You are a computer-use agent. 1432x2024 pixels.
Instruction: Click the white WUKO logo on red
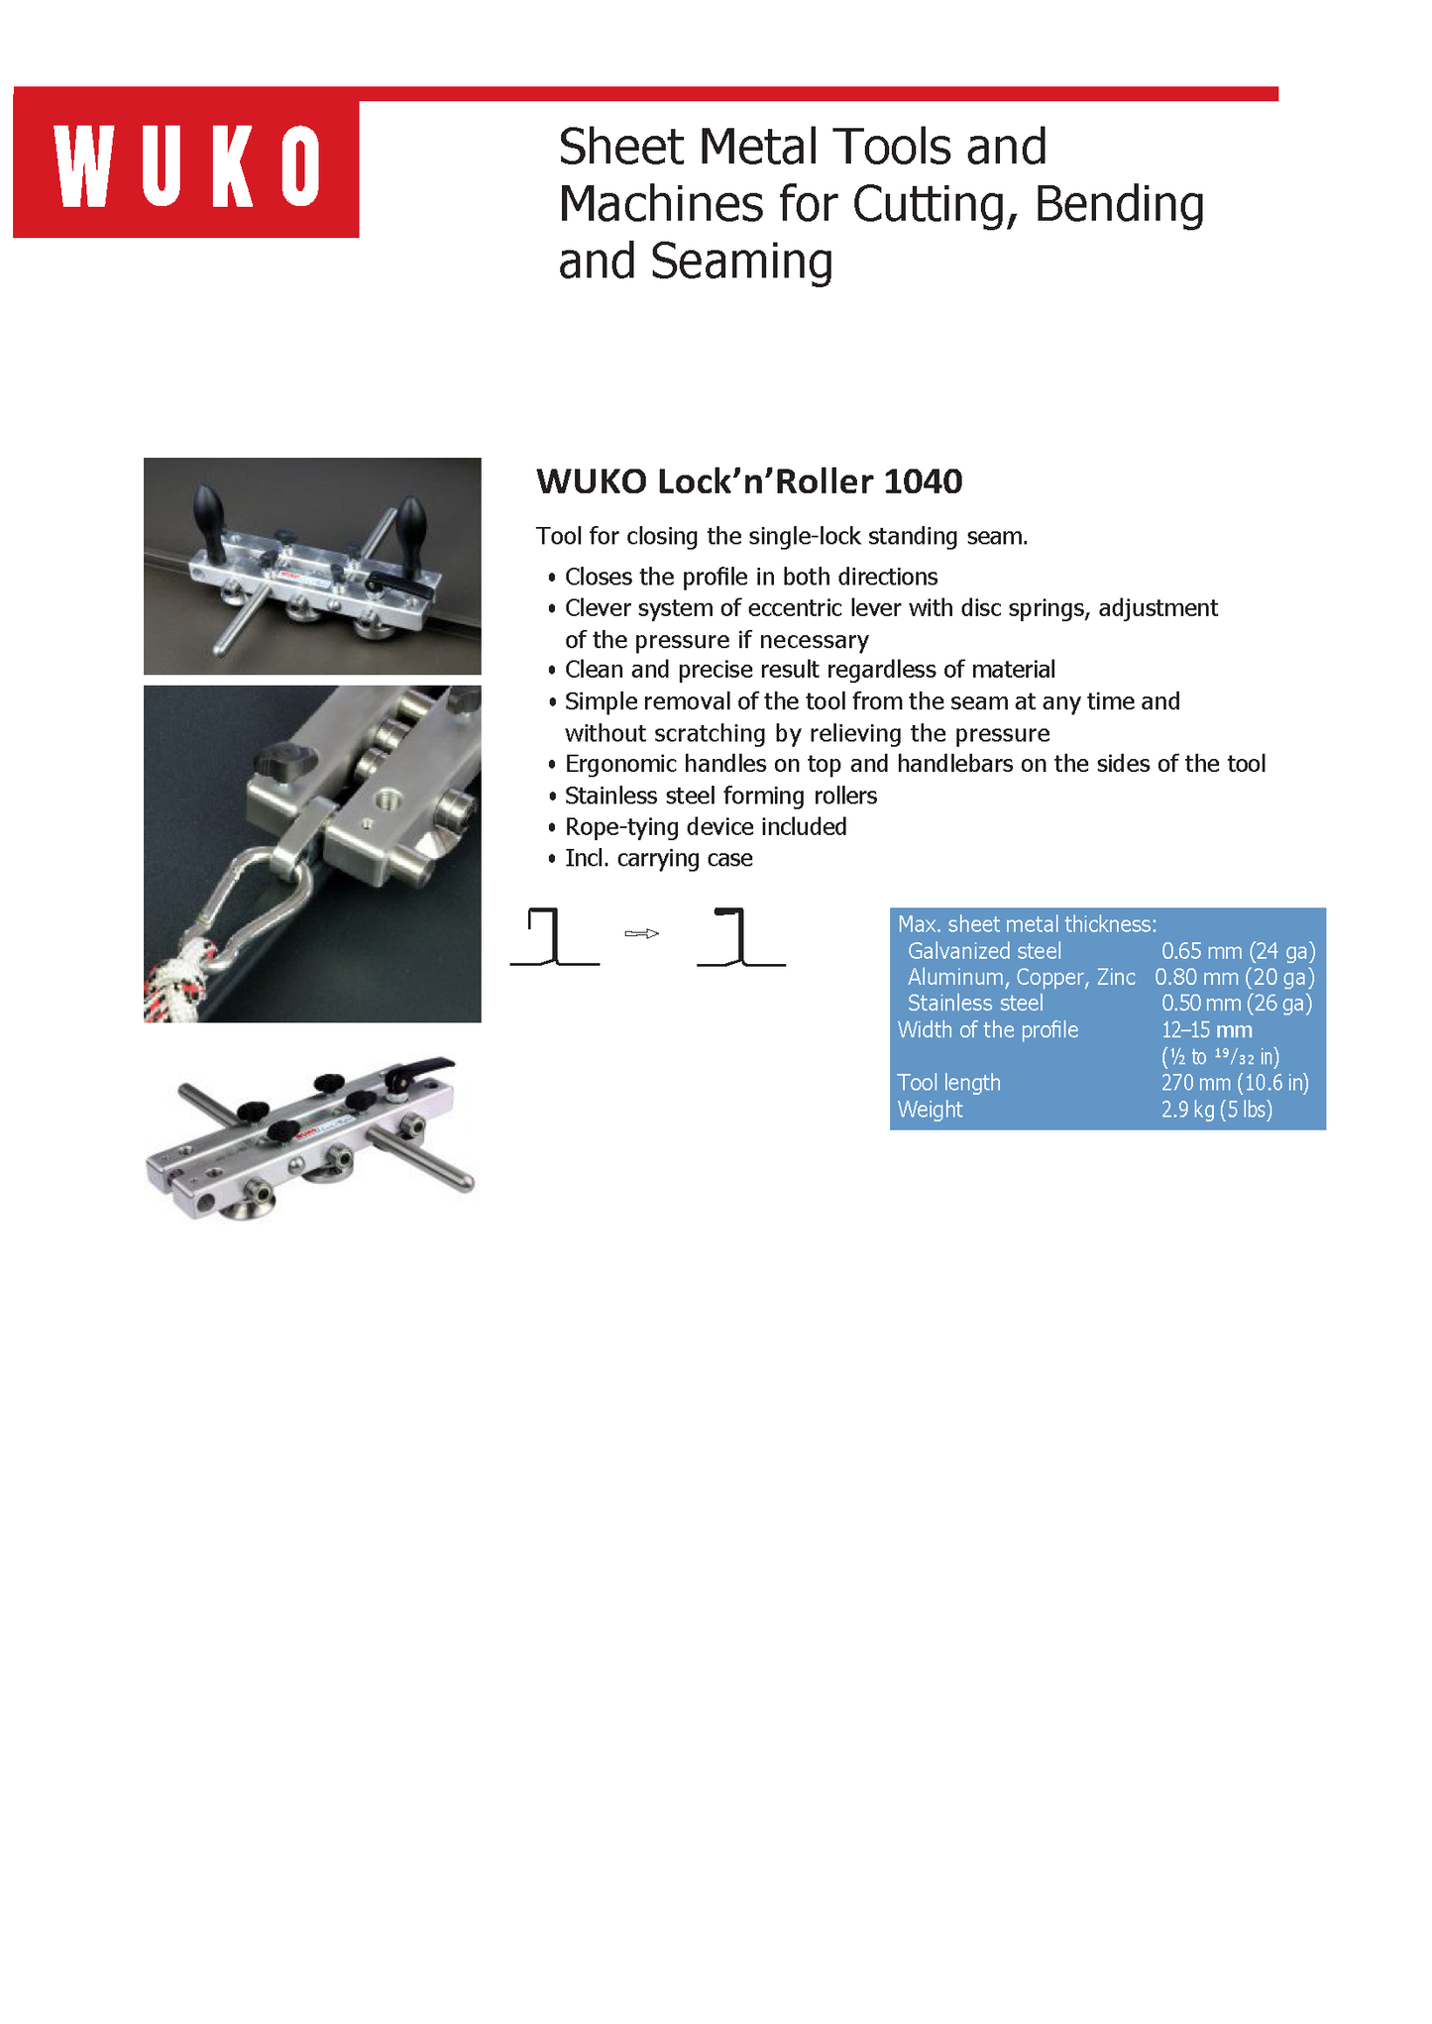coord(187,166)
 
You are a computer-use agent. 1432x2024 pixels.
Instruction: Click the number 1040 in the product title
coord(922,481)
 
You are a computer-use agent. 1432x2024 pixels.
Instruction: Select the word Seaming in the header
coord(741,262)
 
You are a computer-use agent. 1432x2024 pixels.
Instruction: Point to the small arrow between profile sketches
coord(642,933)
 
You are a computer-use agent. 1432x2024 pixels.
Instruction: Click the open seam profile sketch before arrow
coord(554,937)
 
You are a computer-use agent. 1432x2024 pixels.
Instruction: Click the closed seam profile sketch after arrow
coord(740,937)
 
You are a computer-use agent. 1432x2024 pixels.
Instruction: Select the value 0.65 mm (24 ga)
coord(1238,951)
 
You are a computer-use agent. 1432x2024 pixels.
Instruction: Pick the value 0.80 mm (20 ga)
coord(1235,977)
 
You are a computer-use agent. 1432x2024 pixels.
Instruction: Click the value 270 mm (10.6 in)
coord(1235,1083)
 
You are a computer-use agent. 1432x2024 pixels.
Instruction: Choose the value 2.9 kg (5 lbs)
coord(1216,1110)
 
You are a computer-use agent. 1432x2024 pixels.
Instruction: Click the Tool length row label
coord(948,1083)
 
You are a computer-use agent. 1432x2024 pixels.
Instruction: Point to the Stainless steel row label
coord(975,1004)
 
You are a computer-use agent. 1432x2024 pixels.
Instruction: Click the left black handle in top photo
coord(211,510)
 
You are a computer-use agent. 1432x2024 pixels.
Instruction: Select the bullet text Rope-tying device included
coord(706,827)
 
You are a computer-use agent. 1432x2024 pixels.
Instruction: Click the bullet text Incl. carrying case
coord(658,859)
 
